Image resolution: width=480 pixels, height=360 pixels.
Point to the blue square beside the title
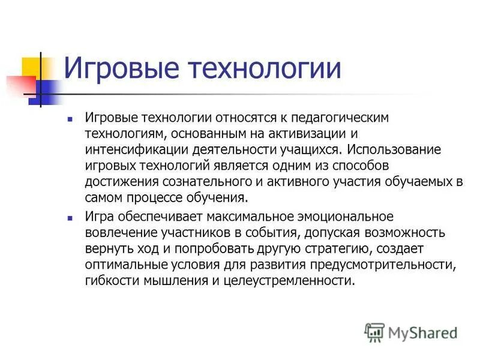point(49,88)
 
